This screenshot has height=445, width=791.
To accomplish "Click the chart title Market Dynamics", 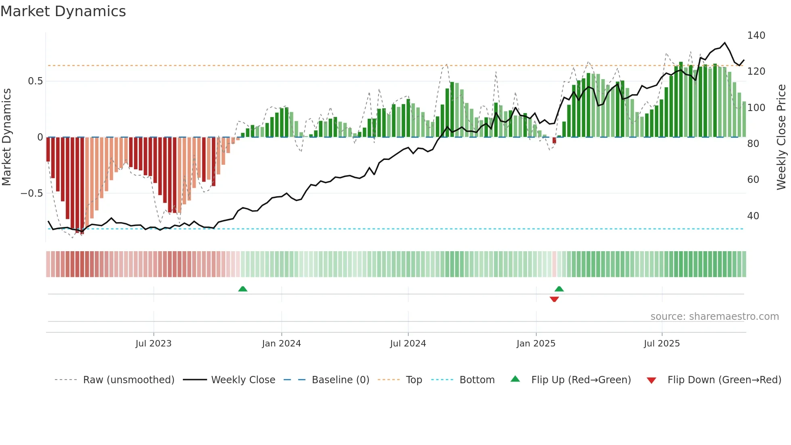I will pos(63,11).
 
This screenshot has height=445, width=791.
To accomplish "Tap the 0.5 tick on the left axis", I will pos(35,81).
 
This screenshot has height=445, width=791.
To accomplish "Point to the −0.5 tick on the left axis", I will pos(31,193).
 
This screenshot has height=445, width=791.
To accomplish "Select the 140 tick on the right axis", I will pos(756,36).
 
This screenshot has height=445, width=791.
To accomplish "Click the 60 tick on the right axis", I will pos(753,180).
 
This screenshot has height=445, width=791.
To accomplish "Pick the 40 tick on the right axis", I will pos(753,216).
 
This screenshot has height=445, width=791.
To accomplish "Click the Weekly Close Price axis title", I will pos(781,137).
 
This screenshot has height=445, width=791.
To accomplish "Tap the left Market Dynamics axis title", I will pos(6,137).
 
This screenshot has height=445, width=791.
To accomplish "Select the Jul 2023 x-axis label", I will pos(153,344).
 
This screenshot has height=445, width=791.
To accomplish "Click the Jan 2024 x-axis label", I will pos(281,344).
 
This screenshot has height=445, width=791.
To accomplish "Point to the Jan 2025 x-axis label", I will pos(536,344).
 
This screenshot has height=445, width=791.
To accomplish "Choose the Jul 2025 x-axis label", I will pos(662,344).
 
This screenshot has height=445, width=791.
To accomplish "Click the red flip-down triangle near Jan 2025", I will pos(554,299).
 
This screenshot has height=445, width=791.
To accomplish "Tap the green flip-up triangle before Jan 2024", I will pos(243,289).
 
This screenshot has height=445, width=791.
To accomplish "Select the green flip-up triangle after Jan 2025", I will pos(559,289).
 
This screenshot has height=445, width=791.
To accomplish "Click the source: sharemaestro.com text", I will pos(714,317).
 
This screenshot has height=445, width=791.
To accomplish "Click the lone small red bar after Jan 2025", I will pos(554,140).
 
